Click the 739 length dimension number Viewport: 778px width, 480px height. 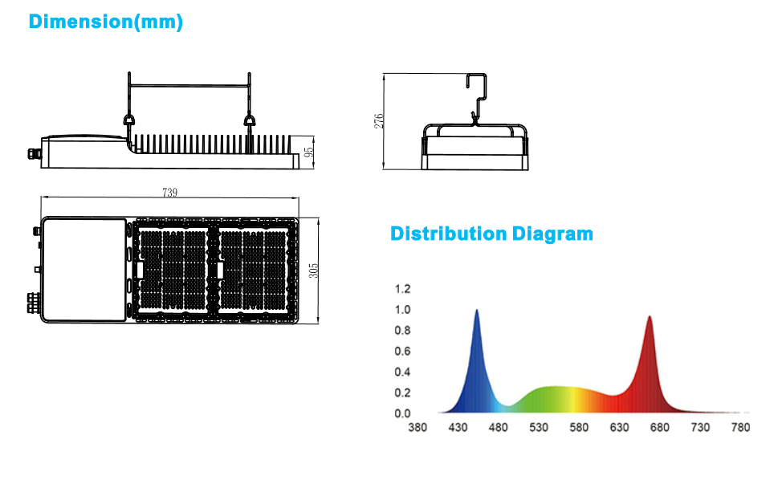point(169,192)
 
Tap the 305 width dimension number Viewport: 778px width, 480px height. point(313,271)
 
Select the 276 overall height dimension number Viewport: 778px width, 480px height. point(379,121)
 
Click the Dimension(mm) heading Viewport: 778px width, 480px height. point(106,22)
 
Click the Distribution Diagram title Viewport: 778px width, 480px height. point(491,234)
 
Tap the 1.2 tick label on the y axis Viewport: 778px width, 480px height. point(402,289)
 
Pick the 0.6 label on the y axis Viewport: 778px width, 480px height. point(402,351)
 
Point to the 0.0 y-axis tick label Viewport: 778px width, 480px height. point(402,413)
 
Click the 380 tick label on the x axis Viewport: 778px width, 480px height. point(418,428)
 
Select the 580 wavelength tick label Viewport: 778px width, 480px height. point(579,428)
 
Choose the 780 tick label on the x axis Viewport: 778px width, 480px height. point(740,428)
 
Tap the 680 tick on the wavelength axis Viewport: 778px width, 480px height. point(659,428)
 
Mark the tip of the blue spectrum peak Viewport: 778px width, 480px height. point(477,310)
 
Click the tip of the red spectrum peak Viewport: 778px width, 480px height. point(650,316)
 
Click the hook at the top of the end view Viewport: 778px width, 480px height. point(478,87)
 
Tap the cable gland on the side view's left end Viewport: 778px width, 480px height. point(35,154)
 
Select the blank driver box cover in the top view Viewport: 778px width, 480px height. point(84,270)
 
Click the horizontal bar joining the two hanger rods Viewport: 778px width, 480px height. point(189,86)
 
